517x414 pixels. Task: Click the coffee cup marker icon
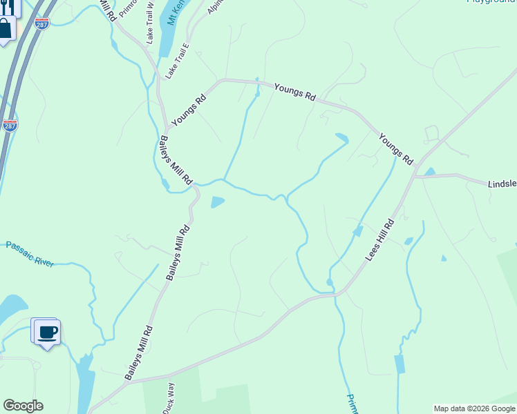click(48, 333)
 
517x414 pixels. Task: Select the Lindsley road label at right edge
click(502, 184)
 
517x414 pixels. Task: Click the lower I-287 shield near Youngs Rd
click(9, 125)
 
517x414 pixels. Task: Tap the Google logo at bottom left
click(23, 406)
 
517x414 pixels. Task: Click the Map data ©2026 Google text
click(474, 408)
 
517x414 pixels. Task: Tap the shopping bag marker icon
click(4, 29)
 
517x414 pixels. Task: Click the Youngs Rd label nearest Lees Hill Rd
click(395, 149)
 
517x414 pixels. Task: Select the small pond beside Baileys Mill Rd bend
click(217, 202)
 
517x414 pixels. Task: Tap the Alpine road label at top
click(215, 7)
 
